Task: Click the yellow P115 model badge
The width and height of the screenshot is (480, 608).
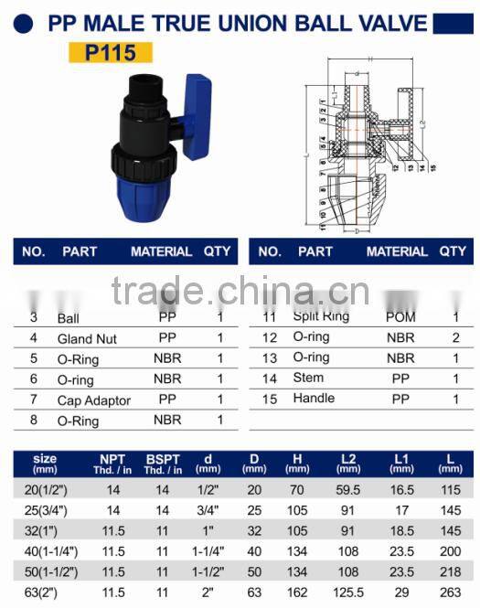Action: (111, 54)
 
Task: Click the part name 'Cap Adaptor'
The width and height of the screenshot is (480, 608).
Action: (93, 400)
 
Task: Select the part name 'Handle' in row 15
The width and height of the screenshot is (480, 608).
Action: (314, 399)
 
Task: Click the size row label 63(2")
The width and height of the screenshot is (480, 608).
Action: (42, 592)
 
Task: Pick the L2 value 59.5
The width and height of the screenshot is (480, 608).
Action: (348, 490)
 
